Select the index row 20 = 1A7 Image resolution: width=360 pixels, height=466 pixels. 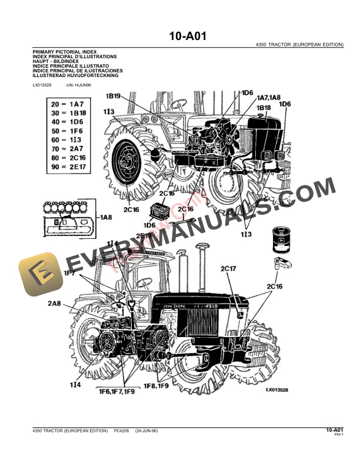[x=69, y=104]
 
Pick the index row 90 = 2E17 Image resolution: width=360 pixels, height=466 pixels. [x=69, y=167]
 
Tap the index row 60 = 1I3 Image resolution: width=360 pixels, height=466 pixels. [x=69, y=139]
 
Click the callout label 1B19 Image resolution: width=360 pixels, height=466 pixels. [x=114, y=96]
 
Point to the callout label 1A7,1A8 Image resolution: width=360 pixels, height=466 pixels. [x=268, y=97]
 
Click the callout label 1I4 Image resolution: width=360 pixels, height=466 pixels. [x=75, y=384]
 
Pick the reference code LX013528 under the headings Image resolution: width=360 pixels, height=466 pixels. [x=41, y=85]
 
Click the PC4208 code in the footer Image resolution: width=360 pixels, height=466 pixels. [x=122, y=431]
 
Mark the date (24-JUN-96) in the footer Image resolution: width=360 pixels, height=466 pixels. [x=146, y=431]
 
